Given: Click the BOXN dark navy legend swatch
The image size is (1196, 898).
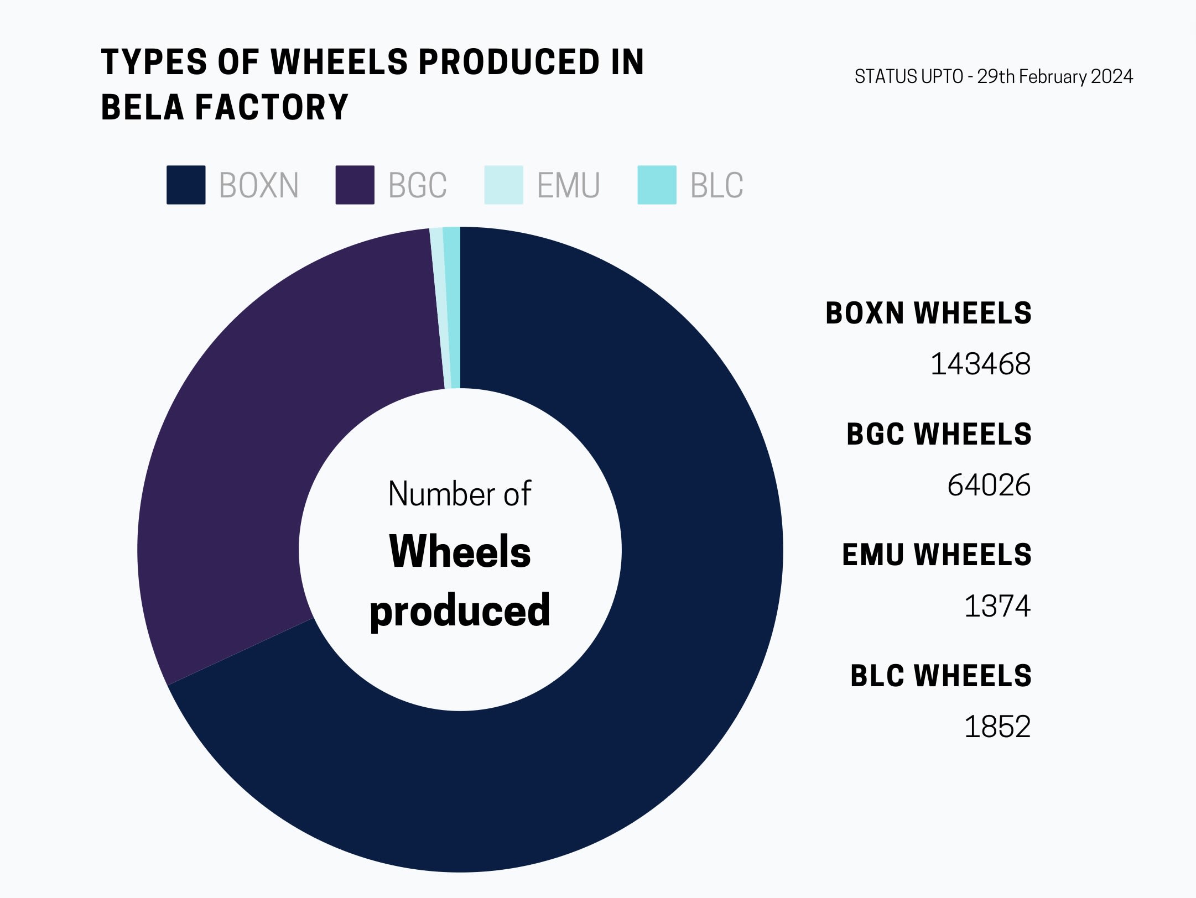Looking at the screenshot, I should (186, 185).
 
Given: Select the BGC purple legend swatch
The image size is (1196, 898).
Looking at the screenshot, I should (355, 185).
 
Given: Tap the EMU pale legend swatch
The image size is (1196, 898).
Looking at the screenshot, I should (503, 185).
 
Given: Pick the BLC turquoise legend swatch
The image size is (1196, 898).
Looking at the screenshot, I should (657, 185).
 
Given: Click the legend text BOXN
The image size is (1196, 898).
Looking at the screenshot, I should (259, 185).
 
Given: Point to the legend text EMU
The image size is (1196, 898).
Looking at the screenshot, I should (568, 185).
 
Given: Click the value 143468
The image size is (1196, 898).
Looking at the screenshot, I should (980, 364).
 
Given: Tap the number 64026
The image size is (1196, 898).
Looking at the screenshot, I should (989, 485).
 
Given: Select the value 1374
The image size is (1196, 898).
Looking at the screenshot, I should (997, 606).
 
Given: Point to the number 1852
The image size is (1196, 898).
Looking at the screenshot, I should (997, 727).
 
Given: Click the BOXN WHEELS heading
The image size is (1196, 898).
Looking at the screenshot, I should (928, 313).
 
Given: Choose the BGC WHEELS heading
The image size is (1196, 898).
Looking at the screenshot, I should (939, 434).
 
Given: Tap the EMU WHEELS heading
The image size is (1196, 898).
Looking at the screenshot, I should (937, 555).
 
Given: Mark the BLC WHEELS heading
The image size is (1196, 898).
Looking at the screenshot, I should (940, 676).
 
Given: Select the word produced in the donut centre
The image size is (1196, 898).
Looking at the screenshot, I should (460, 610).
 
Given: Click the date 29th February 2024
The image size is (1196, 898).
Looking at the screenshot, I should (1055, 76).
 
